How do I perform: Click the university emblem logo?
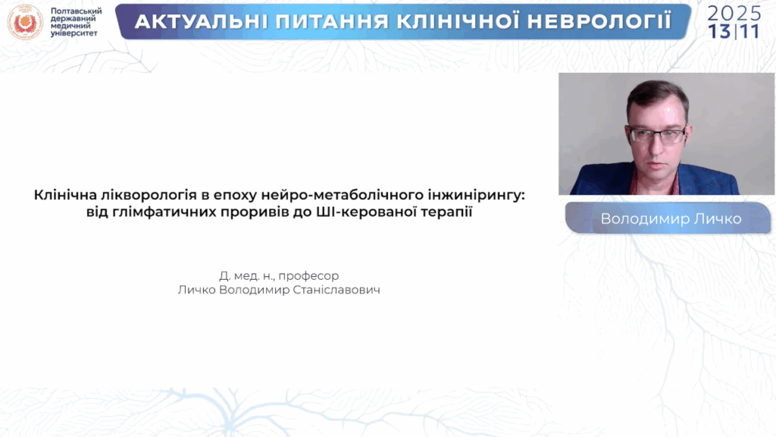click(x=25, y=22)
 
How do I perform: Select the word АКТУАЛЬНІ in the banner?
click(x=194, y=21)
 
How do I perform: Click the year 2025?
click(x=734, y=12)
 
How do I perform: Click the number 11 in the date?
click(x=750, y=31)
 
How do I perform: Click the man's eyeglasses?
click(x=657, y=136)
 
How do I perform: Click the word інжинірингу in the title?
click(x=483, y=196)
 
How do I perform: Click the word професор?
click(x=308, y=275)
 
